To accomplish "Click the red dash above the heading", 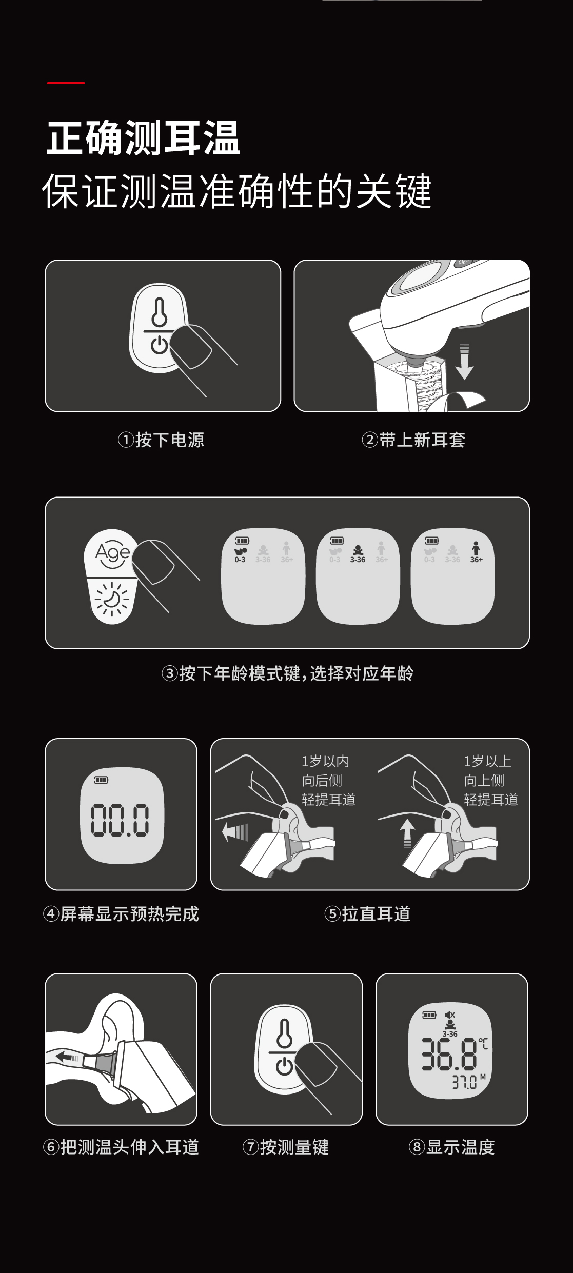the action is coord(66,82).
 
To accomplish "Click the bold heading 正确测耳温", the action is coord(144,138).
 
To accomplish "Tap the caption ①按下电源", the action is coord(161,440).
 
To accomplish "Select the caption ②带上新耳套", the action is coord(413,440).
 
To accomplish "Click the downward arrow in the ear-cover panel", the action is coord(464,361).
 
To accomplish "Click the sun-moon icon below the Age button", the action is coord(112,599).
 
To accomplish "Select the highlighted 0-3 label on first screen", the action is coord(240,560).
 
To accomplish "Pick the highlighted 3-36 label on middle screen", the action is coord(358,560).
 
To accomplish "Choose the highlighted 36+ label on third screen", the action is coord(477,560).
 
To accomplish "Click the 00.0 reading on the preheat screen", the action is coord(121,819).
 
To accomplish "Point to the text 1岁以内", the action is coord(325,761).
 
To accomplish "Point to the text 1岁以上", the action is coord(488,761).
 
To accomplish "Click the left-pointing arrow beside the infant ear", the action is coord(235,831).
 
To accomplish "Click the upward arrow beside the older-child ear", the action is coord(407,833).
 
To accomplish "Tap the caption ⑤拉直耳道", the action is coord(367,913).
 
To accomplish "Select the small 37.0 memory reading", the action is coord(464,1082).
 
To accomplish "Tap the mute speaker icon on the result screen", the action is coord(450,1015).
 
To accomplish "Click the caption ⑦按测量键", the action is coord(286,1147).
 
